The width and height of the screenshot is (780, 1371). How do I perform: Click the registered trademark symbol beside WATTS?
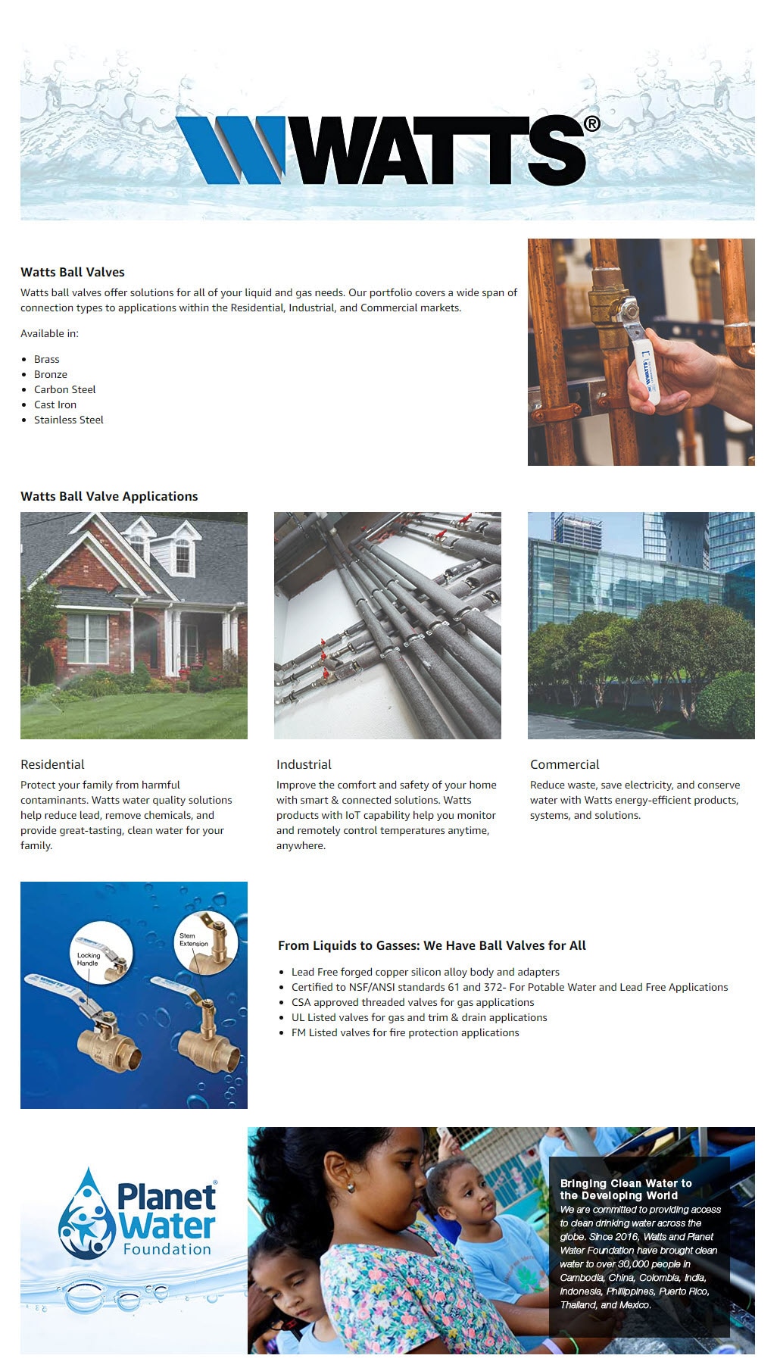point(592,124)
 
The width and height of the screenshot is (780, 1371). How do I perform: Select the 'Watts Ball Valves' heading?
point(73,272)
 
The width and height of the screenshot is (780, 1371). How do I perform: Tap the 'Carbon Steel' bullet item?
point(65,389)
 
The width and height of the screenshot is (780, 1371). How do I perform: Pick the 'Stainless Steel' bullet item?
point(69,420)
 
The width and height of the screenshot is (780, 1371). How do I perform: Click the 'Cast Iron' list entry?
point(55,404)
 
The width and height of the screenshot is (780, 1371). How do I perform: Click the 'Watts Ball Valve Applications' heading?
point(109,496)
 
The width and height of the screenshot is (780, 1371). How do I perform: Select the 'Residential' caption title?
point(52,764)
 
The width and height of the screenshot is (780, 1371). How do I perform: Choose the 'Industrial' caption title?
point(304,764)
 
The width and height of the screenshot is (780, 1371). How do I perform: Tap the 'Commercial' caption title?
point(564,764)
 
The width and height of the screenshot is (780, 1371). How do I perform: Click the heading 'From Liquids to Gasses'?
point(432,945)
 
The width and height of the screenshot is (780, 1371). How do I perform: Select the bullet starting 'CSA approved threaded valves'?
point(413,1002)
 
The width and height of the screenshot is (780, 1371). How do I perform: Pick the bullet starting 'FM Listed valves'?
point(405,1032)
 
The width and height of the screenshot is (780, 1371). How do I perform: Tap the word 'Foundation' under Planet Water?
point(167,1250)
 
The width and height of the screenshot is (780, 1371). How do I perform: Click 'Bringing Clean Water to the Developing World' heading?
point(626,1189)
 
